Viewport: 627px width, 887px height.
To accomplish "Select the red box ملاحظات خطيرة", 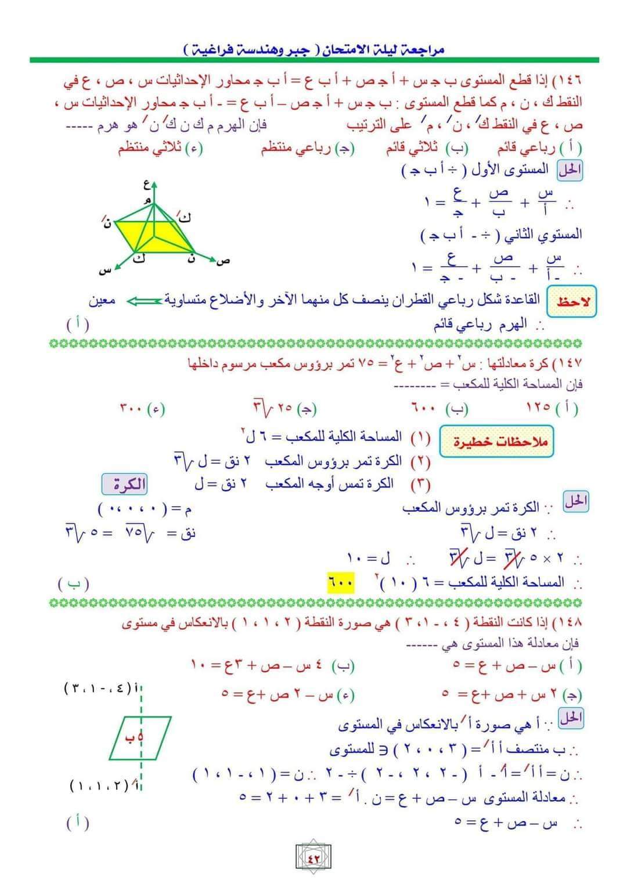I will [x=497, y=441].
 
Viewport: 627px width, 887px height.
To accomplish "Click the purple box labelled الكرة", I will [x=124, y=485].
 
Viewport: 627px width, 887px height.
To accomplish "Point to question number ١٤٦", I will [x=570, y=79].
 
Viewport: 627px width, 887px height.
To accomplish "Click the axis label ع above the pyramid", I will [x=147, y=186].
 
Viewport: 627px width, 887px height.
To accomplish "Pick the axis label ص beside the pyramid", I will [x=222, y=261].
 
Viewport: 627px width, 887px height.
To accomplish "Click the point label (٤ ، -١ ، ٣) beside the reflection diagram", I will [x=97, y=689].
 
